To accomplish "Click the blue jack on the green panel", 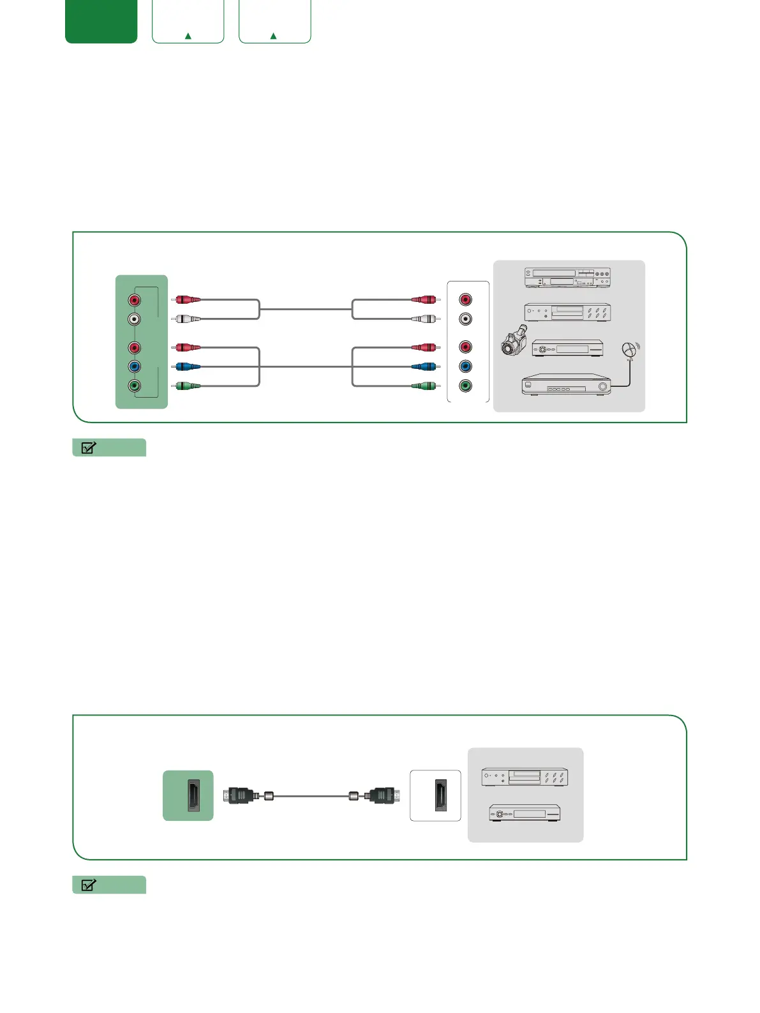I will (x=134, y=366).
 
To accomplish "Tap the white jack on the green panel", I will (x=134, y=319).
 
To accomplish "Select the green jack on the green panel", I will (x=134, y=386).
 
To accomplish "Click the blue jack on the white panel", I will (x=466, y=366).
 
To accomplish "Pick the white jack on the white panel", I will (x=466, y=319).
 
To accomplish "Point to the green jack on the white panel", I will (x=466, y=386).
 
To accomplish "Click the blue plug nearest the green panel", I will (x=187, y=366).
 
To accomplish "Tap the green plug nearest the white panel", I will (x=424, y=386).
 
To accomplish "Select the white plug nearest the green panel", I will (x=187, y=319).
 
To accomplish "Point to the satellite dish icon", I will (x=630, y=350).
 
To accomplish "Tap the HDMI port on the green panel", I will (x=193, y=795).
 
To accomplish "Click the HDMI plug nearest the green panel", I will (x=242, y=796).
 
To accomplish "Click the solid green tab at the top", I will (x=101, y=21).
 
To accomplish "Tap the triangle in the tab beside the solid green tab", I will (x=188, y=36).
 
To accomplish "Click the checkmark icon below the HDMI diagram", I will (x=89, y=885).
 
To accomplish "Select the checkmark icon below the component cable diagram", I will (x=89, y=447).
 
